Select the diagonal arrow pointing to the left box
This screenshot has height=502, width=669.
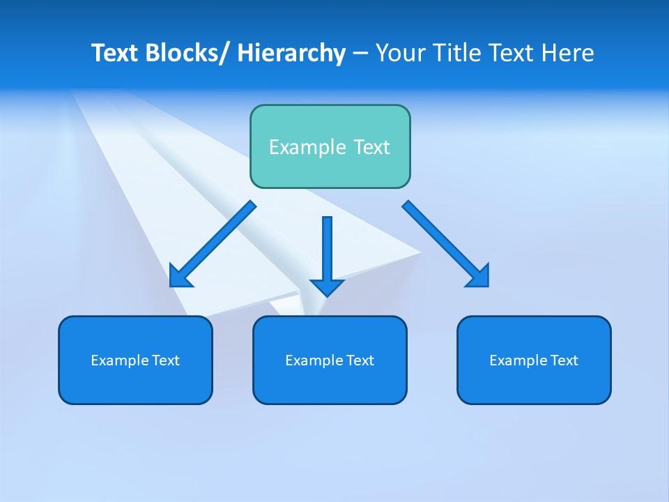click(x=213, y=244)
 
